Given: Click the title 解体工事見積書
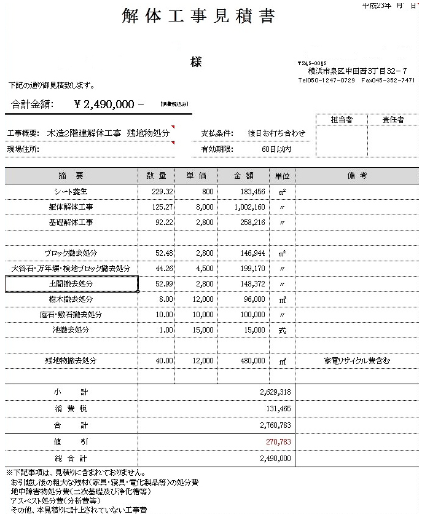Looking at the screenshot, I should point(198,17).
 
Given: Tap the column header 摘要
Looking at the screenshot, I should point(71,176).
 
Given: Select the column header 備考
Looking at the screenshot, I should point(357,176).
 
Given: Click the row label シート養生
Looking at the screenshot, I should point(71,192).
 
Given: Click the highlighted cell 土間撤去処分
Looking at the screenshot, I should point(71,284).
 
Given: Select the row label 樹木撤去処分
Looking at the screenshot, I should point(71,299).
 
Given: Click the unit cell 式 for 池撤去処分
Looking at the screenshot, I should point(282,330).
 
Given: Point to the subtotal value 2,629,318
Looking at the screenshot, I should point(275,392).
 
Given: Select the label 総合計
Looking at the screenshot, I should point(71,459).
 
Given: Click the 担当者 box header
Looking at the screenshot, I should point(341,120).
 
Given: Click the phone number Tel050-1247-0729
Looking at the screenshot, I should point(326,81).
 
